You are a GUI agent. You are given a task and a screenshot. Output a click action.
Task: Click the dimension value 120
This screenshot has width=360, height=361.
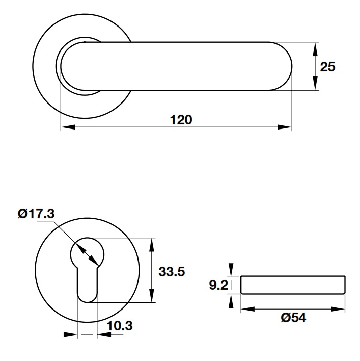tap(181, 120)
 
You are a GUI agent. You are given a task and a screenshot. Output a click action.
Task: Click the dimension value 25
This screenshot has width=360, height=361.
tap(327, 66)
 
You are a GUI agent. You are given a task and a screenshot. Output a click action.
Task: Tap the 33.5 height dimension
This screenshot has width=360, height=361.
tap(171, 271)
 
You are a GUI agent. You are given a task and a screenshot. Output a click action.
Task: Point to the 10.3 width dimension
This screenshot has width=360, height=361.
tap(120, 326)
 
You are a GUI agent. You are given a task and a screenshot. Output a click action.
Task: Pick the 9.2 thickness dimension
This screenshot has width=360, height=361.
tap(218, 285)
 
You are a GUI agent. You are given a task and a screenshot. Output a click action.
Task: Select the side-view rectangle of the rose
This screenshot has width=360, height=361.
tap(293, 285)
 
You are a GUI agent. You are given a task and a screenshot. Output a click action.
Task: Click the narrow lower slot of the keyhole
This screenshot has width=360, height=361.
tap(86, 286)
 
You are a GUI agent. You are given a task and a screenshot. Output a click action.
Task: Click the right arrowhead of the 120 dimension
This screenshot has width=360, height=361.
tap(287, 127)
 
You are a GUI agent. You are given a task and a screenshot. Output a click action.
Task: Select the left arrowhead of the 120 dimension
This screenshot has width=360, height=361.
tap(65, 127)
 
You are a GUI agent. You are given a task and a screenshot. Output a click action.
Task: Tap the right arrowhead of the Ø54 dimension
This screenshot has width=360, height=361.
tap(341, 308)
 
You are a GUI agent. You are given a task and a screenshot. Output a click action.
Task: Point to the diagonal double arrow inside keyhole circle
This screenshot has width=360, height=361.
tap(86, 253)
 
